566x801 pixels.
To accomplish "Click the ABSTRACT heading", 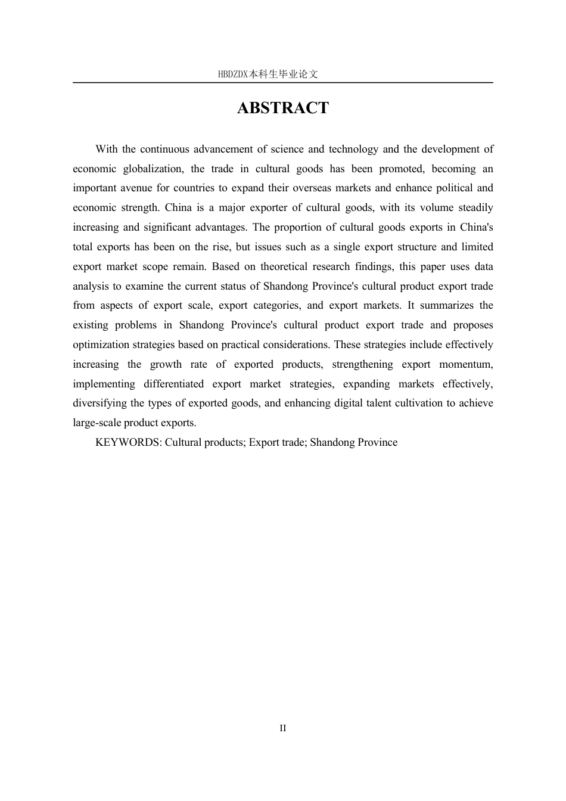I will click(282, 108).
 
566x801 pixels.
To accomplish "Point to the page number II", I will click(283, 728).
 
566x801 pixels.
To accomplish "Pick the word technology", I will click(353, 149).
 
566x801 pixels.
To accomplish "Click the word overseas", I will click(311, 188).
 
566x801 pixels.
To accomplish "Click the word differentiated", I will click(173, 384).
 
